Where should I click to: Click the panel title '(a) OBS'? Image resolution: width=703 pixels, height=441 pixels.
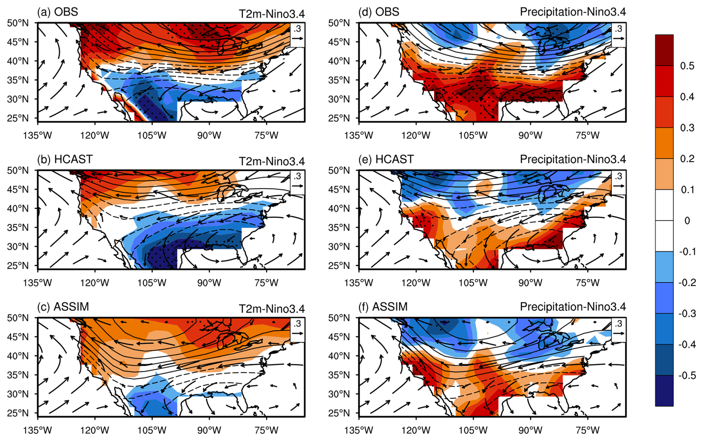click(58, 12)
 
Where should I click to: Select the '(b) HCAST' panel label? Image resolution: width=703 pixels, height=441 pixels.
click(65, 159)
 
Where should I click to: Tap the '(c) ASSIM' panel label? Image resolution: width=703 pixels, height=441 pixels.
click(63, 307)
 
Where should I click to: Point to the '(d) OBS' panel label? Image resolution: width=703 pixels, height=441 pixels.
click(379, 12)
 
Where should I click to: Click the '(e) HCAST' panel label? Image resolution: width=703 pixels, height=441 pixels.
click(386, 159)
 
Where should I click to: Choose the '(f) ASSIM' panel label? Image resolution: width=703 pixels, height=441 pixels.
click(383, 307)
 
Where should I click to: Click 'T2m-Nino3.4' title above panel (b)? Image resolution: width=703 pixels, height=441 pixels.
click(272, 161)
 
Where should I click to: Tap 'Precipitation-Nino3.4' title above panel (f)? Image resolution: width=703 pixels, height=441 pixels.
click(573, 307)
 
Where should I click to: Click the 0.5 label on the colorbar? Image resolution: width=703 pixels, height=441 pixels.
click(687, 66)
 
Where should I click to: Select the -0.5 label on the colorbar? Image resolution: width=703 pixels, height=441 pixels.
click(686, 376)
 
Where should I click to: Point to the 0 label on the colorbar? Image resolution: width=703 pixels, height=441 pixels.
click(687, 221)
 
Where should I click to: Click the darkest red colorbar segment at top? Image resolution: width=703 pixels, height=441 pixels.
click(664, 50)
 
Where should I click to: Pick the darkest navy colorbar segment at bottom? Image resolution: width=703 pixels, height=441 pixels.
click(664, 391)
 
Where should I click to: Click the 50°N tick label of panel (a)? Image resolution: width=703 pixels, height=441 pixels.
click(18, 23)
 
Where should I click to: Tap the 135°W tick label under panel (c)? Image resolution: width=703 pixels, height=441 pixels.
click(38, 430)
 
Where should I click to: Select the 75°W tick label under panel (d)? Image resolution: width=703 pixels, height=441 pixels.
click(588, 135)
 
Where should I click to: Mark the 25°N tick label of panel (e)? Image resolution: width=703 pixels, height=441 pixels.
click(339, 266)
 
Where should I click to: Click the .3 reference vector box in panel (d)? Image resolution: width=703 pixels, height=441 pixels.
click(619, 35)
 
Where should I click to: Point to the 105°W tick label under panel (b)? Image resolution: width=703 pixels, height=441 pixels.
click(152, 283)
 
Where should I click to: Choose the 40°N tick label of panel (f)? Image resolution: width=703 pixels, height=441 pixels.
click(339, 356)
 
